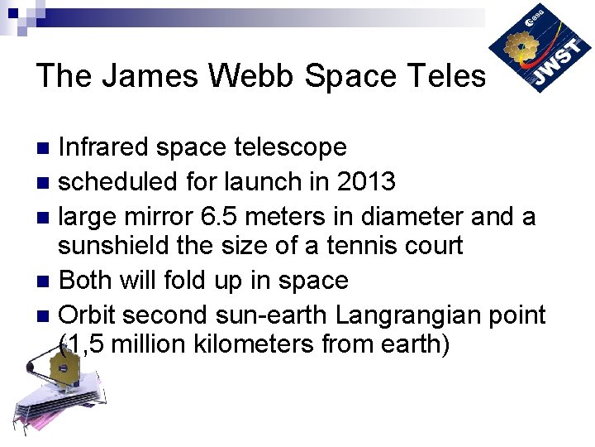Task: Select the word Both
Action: coord(88,281)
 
